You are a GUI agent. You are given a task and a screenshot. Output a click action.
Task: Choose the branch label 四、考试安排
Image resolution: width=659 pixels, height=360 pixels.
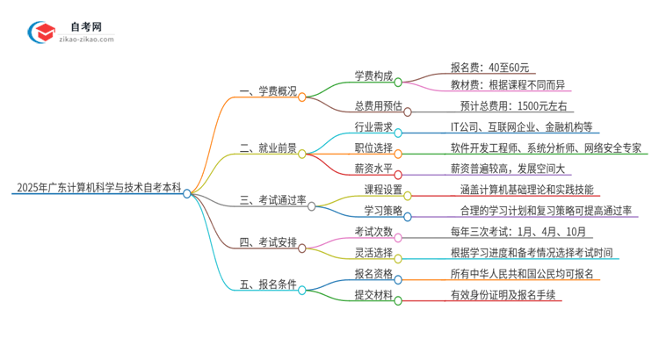point(268,242)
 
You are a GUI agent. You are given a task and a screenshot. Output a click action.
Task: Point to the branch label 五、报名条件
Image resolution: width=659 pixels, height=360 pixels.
point(268,285)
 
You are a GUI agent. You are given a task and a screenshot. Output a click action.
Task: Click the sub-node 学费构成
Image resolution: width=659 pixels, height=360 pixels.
point(373,76)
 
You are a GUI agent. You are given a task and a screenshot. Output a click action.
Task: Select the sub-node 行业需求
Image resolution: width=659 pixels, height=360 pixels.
point(373,127)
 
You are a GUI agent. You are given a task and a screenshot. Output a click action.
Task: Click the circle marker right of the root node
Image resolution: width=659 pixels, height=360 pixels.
point(187,194)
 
